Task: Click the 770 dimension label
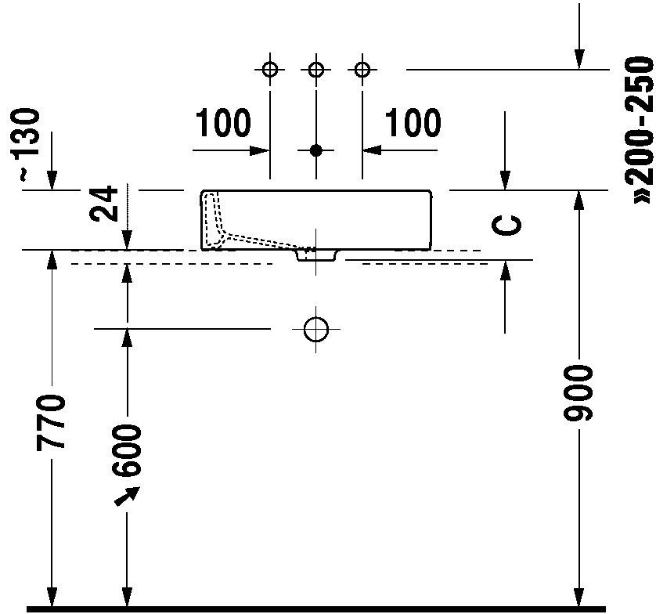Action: point(50,422)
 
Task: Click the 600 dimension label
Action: point(126,451)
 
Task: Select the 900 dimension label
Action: point(579,392)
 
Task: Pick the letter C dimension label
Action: point(506,226)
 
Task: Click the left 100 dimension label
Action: point(223,123)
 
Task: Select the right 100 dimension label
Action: point(413,123)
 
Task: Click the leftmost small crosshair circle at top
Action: point(270,69)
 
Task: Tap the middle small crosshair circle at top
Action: point(316,69)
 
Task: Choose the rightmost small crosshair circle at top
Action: point(362,69)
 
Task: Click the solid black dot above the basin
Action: point(316,150)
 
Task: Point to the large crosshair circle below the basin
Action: point(316,329)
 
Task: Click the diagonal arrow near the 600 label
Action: point(127,496)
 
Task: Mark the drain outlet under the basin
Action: point(316,255)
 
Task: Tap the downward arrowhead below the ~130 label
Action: point(52,181)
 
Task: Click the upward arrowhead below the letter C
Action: point(506,270)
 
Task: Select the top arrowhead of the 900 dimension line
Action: point(579,200)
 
